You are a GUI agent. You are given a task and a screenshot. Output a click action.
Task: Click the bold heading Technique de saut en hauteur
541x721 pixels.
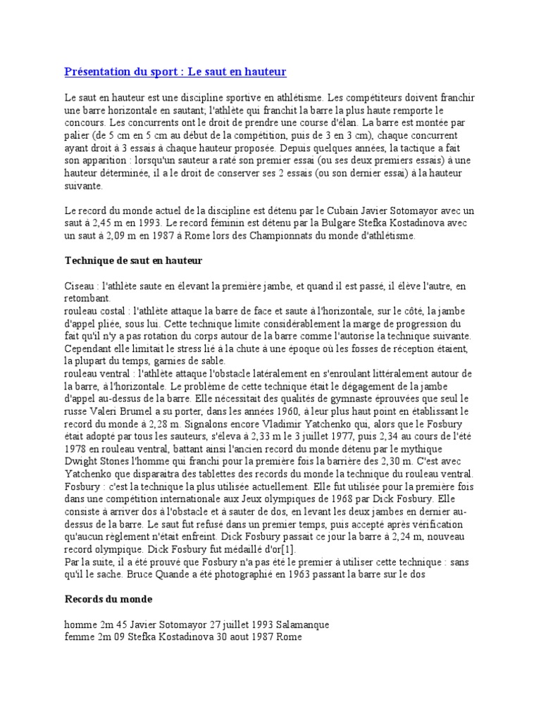[x=133, y=261]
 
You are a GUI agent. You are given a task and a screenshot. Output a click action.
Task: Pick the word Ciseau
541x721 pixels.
[x=80, y=287]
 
